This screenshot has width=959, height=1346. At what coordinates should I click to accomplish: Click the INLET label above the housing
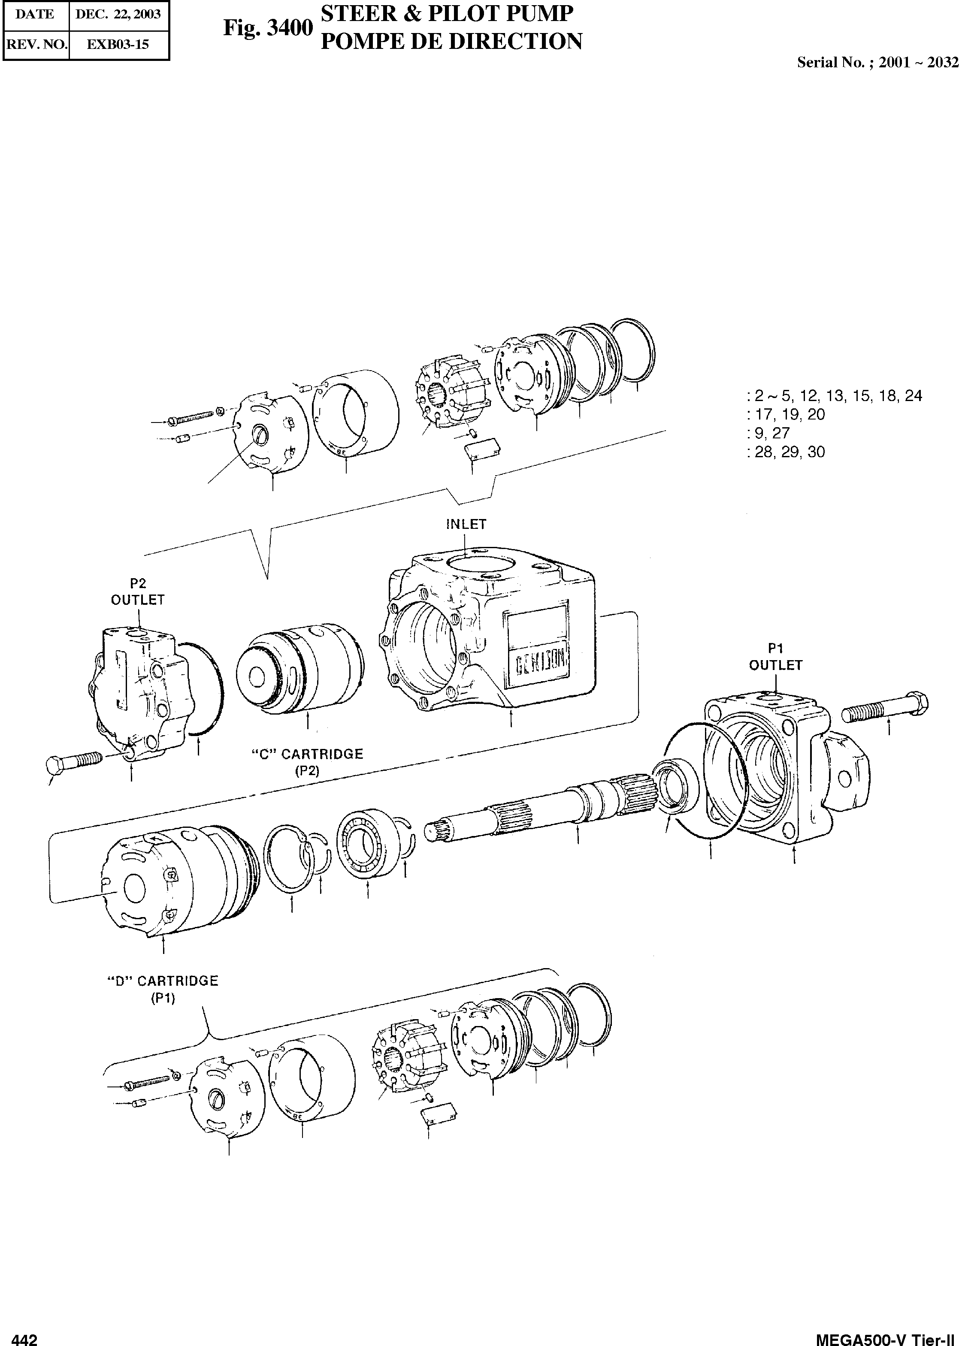(466, 524)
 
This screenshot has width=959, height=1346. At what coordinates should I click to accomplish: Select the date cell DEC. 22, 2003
(118, 15)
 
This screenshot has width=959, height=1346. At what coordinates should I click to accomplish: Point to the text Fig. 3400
(267, 28)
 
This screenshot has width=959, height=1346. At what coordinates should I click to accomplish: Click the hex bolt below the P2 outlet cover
(74, 761)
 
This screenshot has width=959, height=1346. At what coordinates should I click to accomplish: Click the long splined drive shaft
(537, 809)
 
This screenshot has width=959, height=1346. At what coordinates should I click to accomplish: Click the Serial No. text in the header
(877, 63)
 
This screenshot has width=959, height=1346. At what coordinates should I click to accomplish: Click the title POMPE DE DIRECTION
(451, 41)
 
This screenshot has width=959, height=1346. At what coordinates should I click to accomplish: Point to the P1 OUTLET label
(775, 658)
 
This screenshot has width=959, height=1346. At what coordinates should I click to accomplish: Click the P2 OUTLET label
(138, 592)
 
